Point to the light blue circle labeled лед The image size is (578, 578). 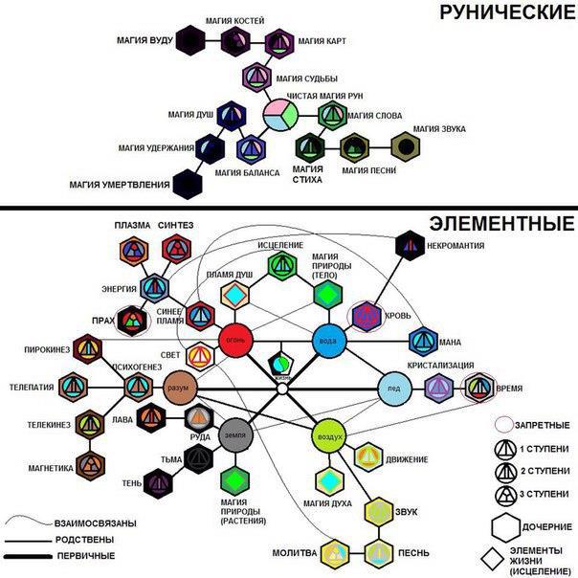pos(394,387)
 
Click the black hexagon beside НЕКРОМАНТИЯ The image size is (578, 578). pos(410,245)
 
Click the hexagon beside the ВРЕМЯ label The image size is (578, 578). pos(479,388)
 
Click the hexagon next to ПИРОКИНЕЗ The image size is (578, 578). pos(89,349)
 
